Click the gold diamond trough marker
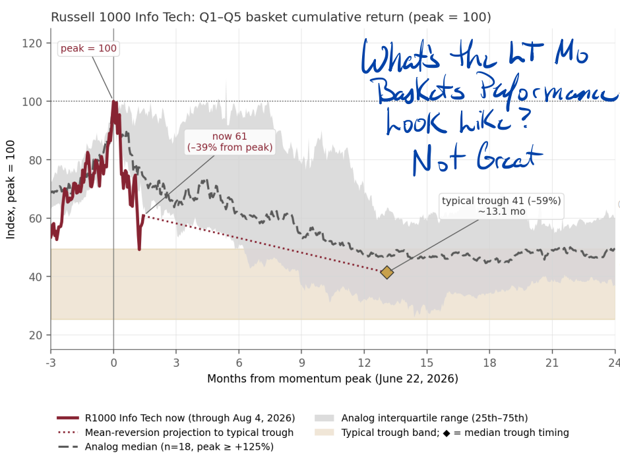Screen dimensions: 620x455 (387, 273)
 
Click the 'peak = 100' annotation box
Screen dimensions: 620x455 (88, 49)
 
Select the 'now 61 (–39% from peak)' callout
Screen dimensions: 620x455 (230, 142)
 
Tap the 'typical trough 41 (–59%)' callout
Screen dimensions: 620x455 (501, 206)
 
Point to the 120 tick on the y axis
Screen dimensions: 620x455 (32, 43)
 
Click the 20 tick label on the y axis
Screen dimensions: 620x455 (36, 335)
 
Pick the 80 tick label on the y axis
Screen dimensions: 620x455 (36, 160)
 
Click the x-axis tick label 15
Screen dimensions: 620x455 (427, 363)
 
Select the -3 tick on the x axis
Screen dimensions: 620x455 (51, 363)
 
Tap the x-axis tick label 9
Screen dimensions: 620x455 (301, 363)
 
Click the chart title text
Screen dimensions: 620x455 (271, 17)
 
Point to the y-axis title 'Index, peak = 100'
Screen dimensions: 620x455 (11, 190)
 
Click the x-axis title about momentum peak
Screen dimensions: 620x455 (332, 379)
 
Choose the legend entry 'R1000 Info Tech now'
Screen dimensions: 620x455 (176, 418)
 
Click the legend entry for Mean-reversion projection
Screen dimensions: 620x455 (176, 433)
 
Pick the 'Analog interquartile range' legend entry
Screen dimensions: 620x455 (421, 418)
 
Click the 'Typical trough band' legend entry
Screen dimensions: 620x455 (442, 433)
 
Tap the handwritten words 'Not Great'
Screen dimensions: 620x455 (478, 159)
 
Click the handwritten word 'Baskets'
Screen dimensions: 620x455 (420, 90)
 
